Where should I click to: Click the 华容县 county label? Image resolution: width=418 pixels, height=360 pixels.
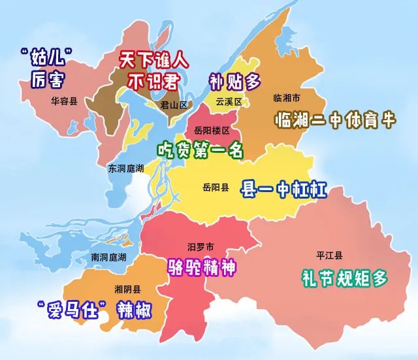click(x=64, y=101)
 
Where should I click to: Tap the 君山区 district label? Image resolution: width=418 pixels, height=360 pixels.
click(x=174, y=105)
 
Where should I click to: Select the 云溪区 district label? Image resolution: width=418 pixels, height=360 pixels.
click(x=229, y=102)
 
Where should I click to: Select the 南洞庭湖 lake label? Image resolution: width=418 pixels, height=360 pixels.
click(x=109, y=257)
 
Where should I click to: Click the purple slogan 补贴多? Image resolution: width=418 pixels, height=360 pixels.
click(x=234, y=82)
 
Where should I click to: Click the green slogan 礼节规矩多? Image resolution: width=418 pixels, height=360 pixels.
click(x=344, y=278)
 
